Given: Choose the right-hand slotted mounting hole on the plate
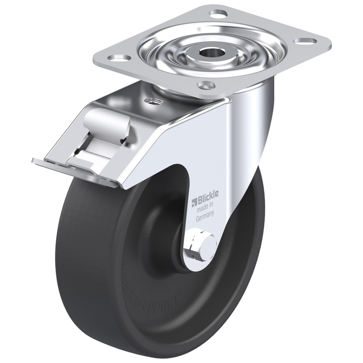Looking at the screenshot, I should (305, 41).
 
